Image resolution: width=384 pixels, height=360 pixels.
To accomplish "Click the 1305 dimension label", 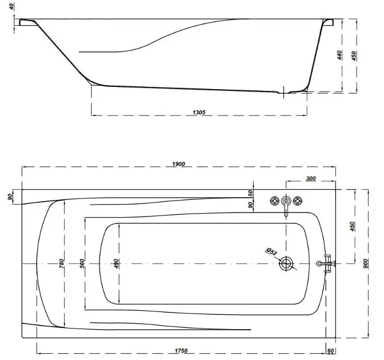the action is tap(199, 112).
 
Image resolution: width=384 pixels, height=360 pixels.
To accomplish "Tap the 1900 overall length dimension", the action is tap(178, 164).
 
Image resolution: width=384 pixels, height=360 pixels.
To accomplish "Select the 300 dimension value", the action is tap(311, 178).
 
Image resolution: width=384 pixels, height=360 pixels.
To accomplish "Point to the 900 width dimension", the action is tap(365, 263).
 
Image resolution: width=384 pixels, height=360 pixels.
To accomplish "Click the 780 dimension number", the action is tap(61, 263).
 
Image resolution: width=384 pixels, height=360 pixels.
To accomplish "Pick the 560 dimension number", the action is tap(82, 263).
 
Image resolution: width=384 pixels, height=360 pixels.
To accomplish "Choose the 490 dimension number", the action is tap(116, 263).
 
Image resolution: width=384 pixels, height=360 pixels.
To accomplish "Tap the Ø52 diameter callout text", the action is tap(271, 251).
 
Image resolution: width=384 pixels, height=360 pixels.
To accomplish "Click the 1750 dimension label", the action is tap(181, 351).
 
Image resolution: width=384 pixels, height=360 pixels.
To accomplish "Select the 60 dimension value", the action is tap(331, 351).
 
